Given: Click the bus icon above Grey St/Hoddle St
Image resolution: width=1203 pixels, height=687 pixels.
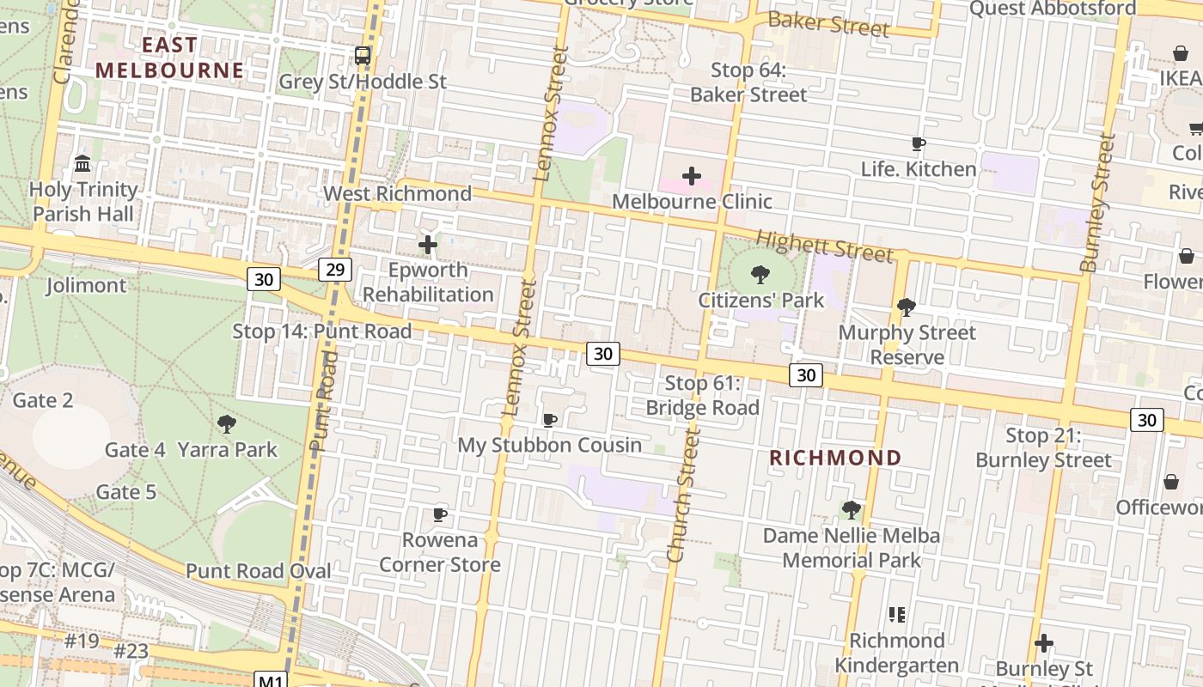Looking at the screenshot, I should pos(363,56).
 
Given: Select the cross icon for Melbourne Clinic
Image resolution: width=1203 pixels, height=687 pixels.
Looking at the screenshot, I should pos(691,176).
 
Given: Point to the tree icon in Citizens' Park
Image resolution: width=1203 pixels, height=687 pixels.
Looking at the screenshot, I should pos(760,275).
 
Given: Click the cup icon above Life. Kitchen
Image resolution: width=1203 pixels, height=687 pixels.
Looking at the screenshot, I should pos(918,144).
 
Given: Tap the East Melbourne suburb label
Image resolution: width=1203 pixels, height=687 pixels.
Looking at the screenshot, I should pos(169,58).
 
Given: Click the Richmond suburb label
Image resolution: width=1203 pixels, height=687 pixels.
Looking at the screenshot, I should pos(835,458).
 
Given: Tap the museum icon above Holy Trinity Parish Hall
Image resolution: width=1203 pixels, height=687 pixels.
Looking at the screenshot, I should pos(83,163).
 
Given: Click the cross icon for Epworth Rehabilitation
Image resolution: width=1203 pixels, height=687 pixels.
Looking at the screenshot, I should pos(427,245).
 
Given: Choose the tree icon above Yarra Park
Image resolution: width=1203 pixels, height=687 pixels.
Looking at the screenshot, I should pos(227,423).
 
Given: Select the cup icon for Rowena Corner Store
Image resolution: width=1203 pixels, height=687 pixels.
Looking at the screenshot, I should pos(440,514).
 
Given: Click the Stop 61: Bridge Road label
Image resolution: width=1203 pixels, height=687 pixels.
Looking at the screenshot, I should pos(703,395).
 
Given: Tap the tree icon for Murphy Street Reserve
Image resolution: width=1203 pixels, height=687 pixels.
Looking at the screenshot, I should pos(906,307).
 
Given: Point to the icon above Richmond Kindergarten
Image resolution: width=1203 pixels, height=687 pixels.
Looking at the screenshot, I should pos(897,614).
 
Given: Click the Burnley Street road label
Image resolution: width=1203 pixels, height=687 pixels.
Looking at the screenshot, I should pos(1097,203).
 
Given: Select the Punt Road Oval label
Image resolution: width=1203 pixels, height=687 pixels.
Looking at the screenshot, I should pos(259,571).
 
